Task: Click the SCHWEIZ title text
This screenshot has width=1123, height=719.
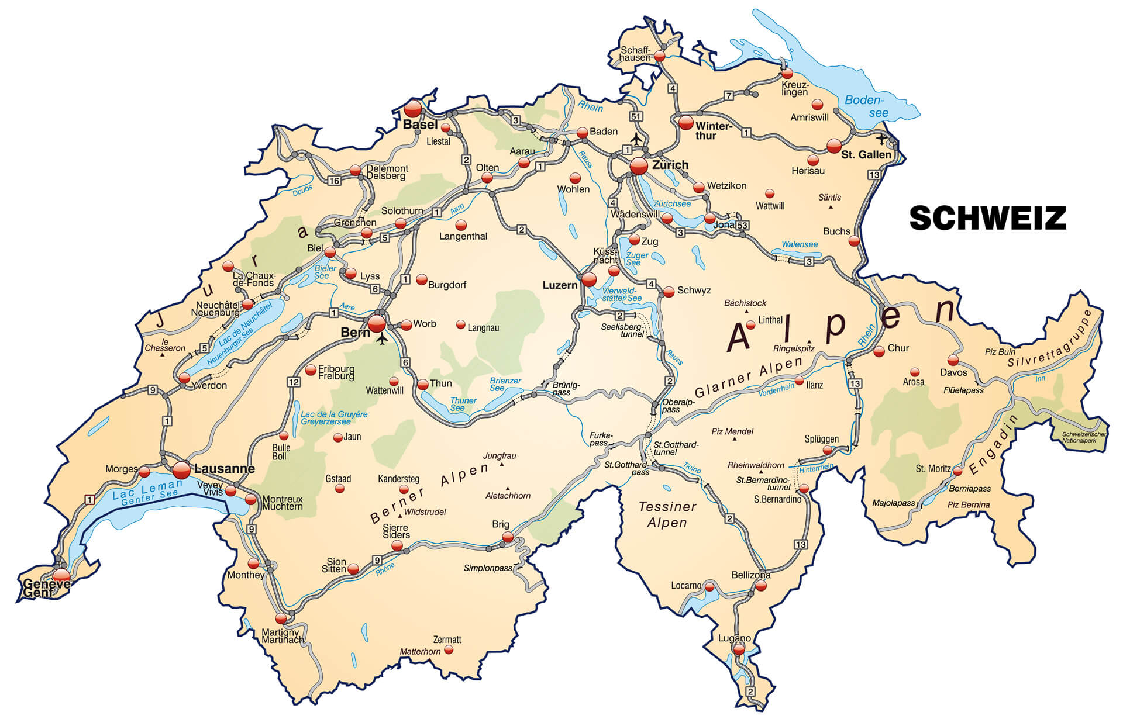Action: (x=987, y=218)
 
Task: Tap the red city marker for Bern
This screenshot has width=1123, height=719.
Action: (x=377, y=323)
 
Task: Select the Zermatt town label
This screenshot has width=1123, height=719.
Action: (x=447, y=640)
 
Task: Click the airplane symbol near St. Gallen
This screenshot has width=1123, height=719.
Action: (x=881, y=139)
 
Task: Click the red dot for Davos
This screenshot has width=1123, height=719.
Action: (x=953, y=359)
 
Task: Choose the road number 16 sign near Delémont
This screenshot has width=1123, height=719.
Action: (x=334, y=181)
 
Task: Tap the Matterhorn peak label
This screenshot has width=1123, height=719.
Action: (x=420, y=651)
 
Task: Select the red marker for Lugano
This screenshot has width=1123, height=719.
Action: (x=739, y=649)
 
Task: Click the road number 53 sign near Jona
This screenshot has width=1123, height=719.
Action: (x=743, y=225)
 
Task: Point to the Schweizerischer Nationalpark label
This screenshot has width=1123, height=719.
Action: (x=1083, y=437)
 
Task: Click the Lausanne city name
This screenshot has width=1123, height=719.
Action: (x=224, y=469)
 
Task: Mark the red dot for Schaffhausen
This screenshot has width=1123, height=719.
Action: (x=660, y=56)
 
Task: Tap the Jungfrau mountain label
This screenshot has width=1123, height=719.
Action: (x=500, y=456)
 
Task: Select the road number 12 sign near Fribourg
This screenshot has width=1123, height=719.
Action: (x=294, y=382)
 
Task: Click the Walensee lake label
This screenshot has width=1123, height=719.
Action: (x=799, y=244)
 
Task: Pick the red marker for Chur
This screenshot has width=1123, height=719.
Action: (x=879, y=351)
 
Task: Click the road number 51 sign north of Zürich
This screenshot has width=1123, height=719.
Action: (x=636, y=116)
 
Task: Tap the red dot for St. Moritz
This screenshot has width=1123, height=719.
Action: (x=957, y=471)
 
